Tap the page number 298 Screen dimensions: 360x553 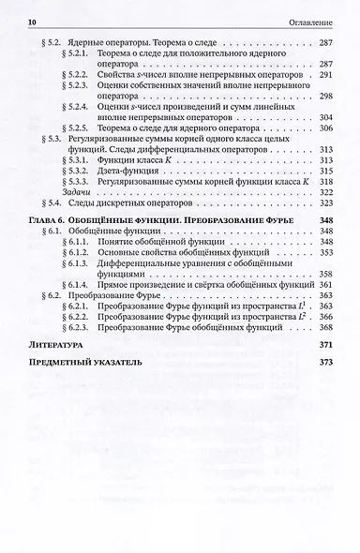tap(326, 97)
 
